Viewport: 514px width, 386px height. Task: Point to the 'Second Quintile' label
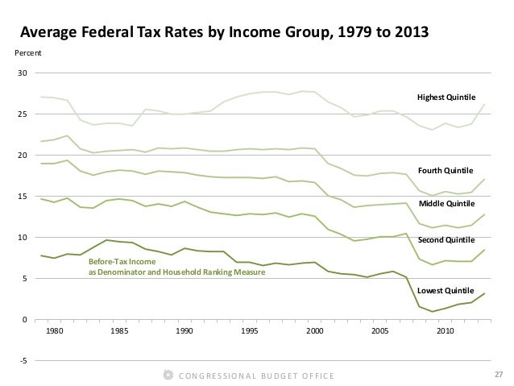pyautogui.click(x=446, y=240)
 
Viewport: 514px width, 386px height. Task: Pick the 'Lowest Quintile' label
pyautogui.click(x=446, y=289)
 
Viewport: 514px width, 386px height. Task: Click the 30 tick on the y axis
pyautogui.click(x=22, y=73)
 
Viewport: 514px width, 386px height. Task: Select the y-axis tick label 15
pyautogui.click(x=22, y=197)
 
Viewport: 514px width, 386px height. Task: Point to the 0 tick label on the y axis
pyautogui.click(x=24, y=320)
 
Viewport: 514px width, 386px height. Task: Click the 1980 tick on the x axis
pyautogui.click(x=53, y=330)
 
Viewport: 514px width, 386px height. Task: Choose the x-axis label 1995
pyautogui.click(x=250, y=330)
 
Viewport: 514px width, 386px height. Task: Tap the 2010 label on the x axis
pyautogui.click(x=446, y=330)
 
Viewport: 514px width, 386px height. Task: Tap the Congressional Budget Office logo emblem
pyautogui.click(x=168, y=375)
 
